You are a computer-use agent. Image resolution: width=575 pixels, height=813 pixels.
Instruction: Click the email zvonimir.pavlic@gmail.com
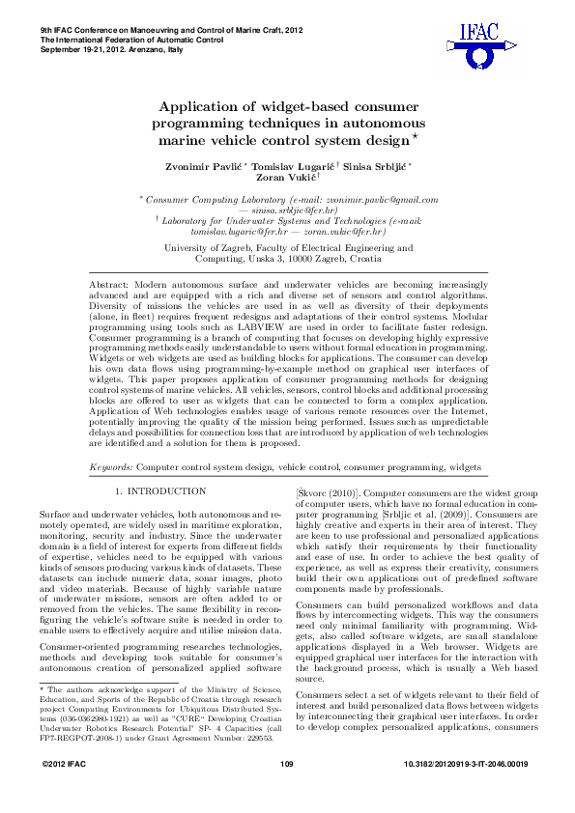[377, 199]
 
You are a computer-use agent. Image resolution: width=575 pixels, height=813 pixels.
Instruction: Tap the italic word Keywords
[110, 466]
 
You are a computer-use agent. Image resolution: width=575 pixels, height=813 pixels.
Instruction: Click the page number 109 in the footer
[286, 791]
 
